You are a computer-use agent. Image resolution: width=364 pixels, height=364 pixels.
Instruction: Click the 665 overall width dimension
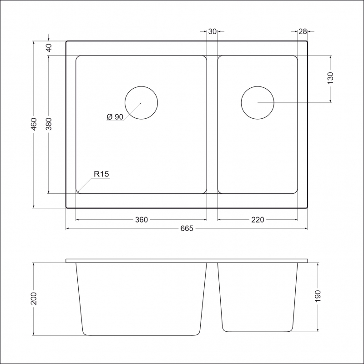tap(187, 228)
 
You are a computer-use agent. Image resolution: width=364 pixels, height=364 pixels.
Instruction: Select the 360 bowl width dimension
tap(142, 220)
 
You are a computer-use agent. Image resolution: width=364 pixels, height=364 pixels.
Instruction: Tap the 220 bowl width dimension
tap(258, 220)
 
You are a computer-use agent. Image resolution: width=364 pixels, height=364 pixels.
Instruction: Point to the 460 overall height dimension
tap(34, 124)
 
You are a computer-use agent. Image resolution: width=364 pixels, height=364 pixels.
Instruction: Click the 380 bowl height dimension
tap(49, 124)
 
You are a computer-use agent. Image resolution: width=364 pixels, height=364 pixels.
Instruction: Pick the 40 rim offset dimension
tap(49, 48)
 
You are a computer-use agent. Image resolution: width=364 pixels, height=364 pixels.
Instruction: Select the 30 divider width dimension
tap(212, 31)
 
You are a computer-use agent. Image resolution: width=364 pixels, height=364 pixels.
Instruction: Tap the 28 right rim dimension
tap(303, 31)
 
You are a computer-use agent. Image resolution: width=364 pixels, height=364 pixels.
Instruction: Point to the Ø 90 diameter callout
tap(115, 117)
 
